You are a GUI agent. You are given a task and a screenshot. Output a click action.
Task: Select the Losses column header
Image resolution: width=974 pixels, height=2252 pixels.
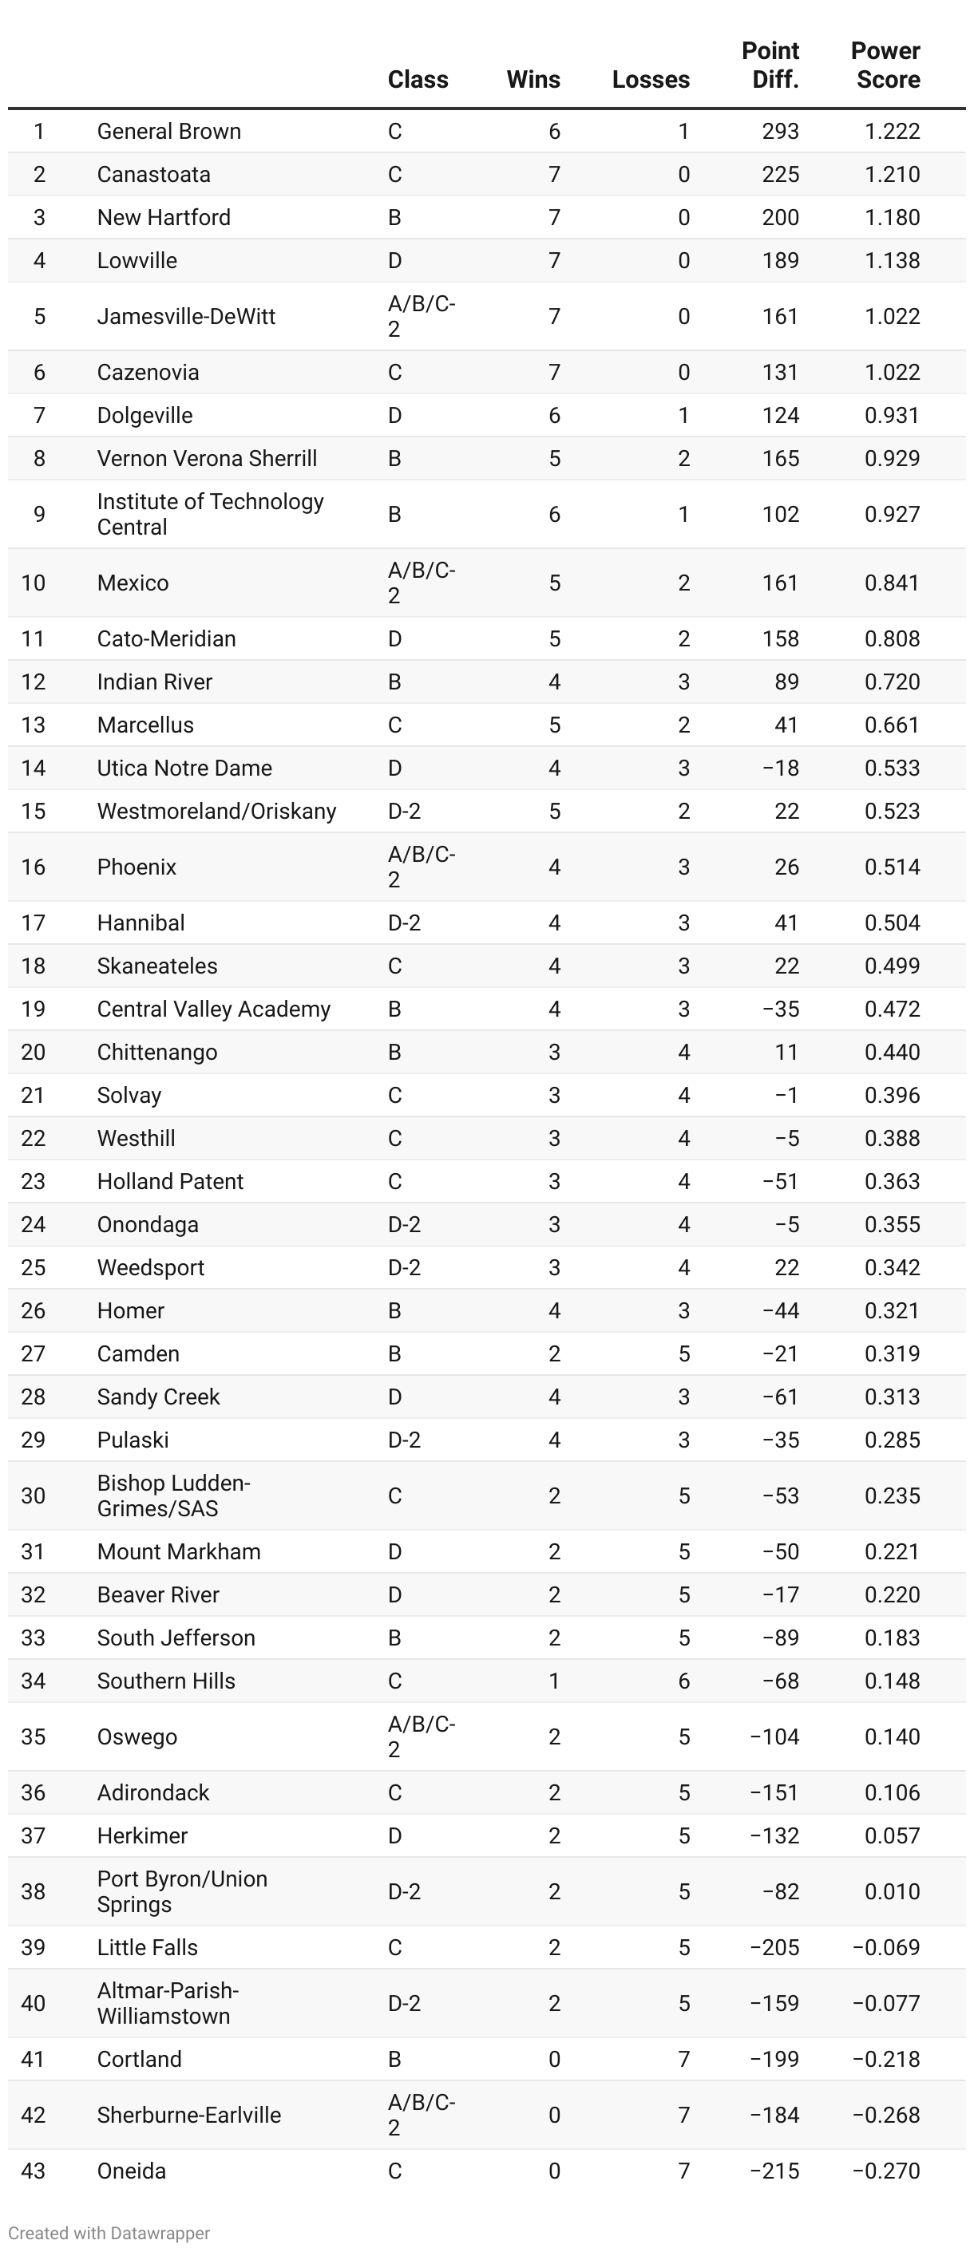pyautogui.click(x=651, y=80)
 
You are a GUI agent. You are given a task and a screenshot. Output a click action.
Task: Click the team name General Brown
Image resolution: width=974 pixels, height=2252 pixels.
pyautogui.click(x=168, y=131)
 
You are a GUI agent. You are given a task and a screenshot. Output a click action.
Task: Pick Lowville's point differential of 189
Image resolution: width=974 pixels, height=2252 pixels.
pyautogui.click(x=780, y=260)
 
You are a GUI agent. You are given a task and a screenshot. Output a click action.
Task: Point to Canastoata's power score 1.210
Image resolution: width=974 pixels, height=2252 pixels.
pyautogui.click(x=892, y=175)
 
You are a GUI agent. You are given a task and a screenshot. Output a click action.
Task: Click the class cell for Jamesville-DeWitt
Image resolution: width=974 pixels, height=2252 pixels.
pyautogui.click(x=421, y=317)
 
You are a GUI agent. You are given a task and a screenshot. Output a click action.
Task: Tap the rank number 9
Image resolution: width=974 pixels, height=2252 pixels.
pyautogui.click(x=38, y=514)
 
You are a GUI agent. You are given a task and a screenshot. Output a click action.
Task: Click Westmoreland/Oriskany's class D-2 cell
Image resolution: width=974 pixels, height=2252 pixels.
pyautogui.click(x=404, y=812)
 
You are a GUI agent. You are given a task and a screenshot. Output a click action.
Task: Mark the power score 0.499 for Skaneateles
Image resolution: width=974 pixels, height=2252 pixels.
pyautogui.click(x=892, y=966)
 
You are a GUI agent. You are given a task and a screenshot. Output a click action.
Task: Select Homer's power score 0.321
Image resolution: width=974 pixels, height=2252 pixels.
pyautogui.click(x=892, y=1311)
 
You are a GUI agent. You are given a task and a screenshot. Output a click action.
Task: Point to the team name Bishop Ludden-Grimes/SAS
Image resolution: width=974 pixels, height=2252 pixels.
pyautogui.click(x=173, y=1495)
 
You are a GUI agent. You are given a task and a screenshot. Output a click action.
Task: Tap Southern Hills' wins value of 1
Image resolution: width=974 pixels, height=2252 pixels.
pyautogui.click(x=554, y=1681)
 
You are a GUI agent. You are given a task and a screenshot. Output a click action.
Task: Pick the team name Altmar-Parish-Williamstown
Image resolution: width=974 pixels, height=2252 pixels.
pyautogui.click(x=167, y=2004)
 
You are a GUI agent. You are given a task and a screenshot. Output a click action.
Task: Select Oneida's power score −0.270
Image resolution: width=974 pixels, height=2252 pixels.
pyautogui.click(x=885, y=2171)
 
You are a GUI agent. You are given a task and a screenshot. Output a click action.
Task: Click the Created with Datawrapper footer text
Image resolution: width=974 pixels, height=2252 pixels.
pyautogui.click(x=109, y=2234)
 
